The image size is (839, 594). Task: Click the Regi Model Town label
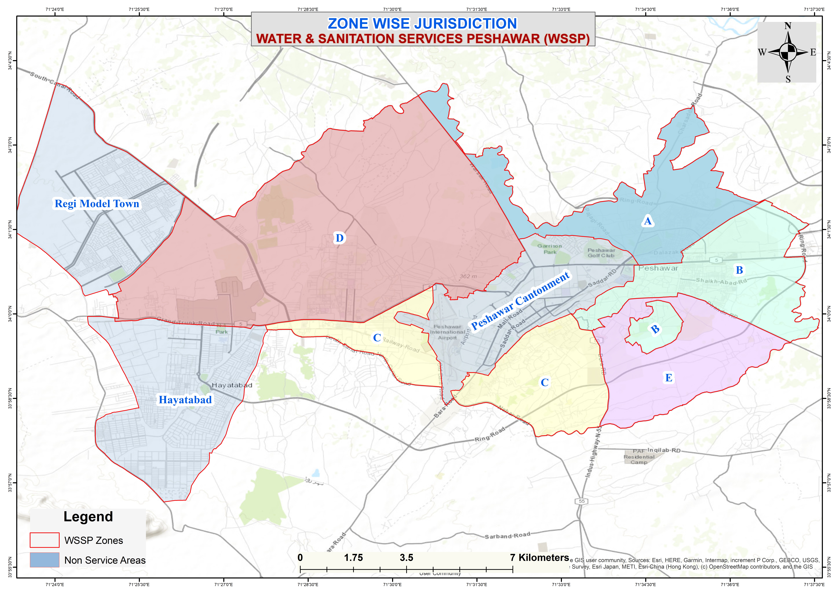click(x=97, y=204)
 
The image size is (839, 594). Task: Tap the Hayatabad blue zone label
click(x=185, y=400)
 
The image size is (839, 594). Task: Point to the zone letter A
click(x=647, y=221)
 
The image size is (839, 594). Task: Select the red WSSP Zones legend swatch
click(x=45, y=540)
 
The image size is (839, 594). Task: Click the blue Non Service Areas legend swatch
click(x=45, y=560)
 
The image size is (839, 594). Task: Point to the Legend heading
click(x=88, y=516)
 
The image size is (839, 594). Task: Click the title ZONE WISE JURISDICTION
click(x=422, y=24)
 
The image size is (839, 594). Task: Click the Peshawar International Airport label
click(x=448, y=332)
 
